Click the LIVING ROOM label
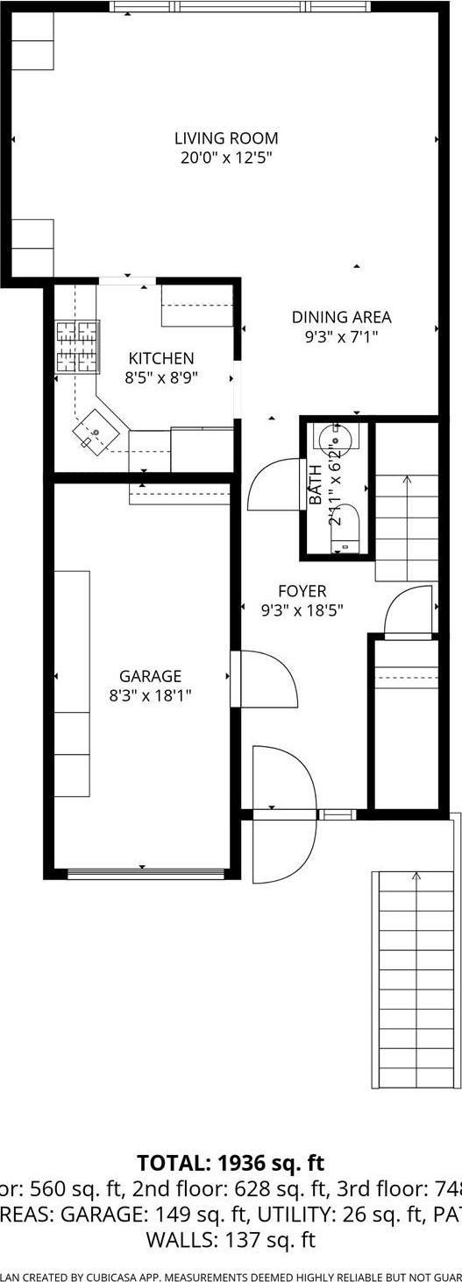click(226, 138)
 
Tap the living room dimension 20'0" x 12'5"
click(226, 158)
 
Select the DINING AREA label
click(341, 317)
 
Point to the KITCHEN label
click(161, 358)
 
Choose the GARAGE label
click(151, 676)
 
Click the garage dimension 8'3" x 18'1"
click(151, 695)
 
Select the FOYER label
click(302, 592)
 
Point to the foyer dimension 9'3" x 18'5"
click(302, 611)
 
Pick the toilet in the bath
click(345, 526)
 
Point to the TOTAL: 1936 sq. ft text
click(231, 1164)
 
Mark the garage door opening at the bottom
click(146, 872)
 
